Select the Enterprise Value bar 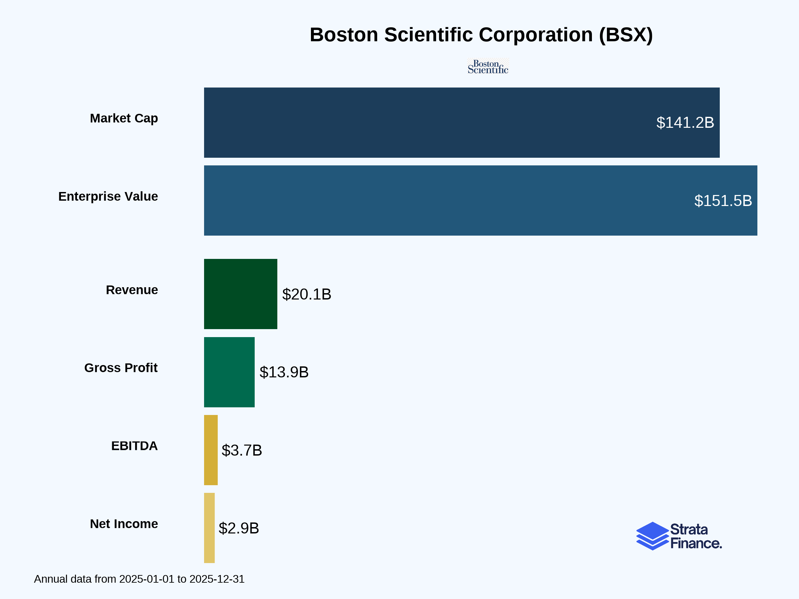pyautogui.click(x=433, y=200)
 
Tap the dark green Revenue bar pyautogui.click(x=241, y=294)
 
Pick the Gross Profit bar pyautogui.click(x=229, y=372)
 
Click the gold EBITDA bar pyautogui.click(x=211, y=450)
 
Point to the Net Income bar pyautogui.click(x=209, y=528)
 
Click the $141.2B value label pyautogui.click(x=685, y=123)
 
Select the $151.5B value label pyautogui.click(x=723, y=201)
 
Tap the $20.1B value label pyautogui.click(x=306, y=294)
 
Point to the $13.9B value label pyautogui.click(x=284, y=372)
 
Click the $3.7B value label pyautogui.click(x=242, y=450)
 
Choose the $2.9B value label pyautogui.click(x=239, y=528)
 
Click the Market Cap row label pyautogui.click(x=124, y=118)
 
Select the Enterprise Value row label pyautogui.click(x=108, y=196)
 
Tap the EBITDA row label pyautogui.click(x=134, y=446)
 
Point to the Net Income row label pyautogui.click(x=124, y=524)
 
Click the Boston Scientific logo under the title pyautogui.click(x=488, y=67)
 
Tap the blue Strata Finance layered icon pyautogui.click(x=652, y=536)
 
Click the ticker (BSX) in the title pyautogui.click(x=626, y=35)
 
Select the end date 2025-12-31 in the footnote pyautogui.click(x=217, y=579)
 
